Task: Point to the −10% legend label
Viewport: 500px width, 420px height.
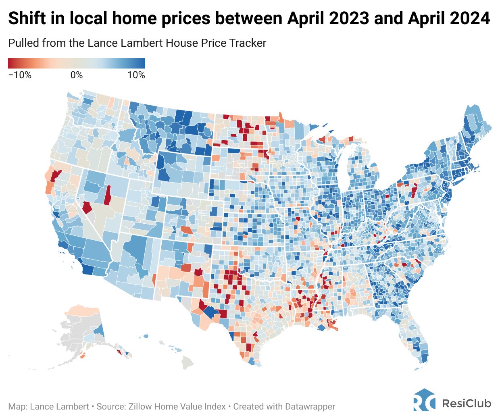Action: point(20,75)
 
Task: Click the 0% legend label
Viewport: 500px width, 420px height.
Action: point(77,75)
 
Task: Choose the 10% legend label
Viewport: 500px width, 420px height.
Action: point(136,75)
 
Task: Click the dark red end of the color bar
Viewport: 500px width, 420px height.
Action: point(11,63)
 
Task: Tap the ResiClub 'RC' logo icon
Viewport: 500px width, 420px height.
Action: point(424,400)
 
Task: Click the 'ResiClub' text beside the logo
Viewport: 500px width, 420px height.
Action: point(467,403)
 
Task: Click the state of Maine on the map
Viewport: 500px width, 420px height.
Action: point(476,125)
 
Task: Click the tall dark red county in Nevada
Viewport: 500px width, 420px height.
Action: point(107,195)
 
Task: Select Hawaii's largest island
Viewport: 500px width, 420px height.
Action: point(187,362)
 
